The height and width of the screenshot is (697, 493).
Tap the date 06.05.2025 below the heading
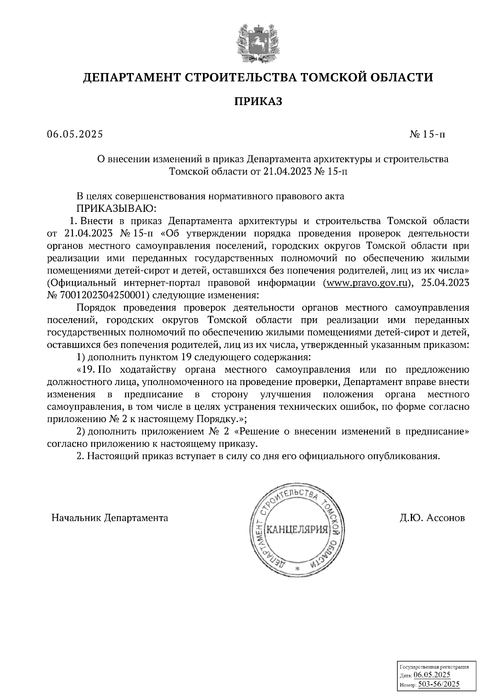coord(75,135)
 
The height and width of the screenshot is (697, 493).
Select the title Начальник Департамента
coord(110,518)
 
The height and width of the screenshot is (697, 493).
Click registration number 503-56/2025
coord(438,684)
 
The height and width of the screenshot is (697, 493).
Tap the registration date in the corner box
coord(432,675)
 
